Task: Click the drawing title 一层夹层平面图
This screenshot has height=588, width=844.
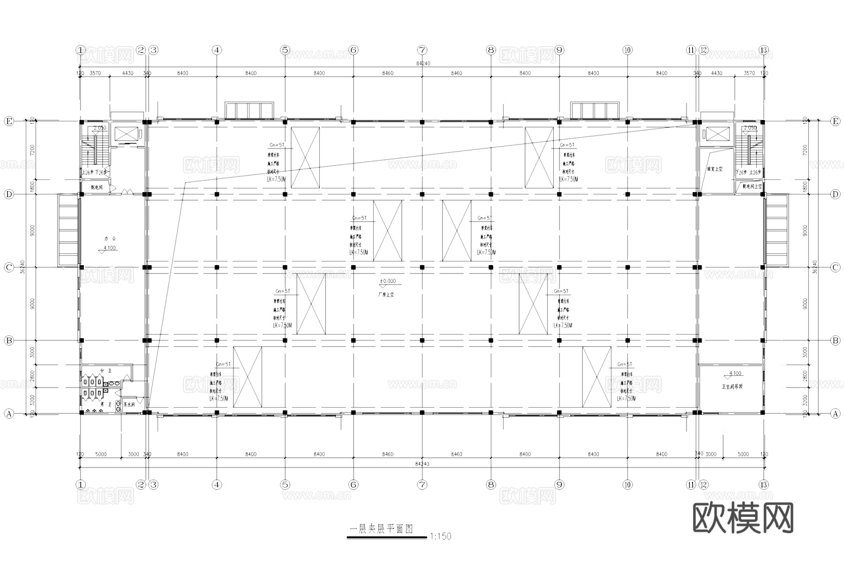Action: tap(381, 529)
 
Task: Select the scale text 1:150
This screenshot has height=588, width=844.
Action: tap(440, 536)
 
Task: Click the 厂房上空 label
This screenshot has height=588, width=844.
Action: tap(386, 295)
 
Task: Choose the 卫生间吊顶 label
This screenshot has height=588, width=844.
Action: tap(732, 387)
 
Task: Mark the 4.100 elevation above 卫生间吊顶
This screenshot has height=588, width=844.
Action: tap(735, 374)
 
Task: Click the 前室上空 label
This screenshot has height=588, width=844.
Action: tap(715, 169)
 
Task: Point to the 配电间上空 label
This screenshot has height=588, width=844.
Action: tap(752, 186)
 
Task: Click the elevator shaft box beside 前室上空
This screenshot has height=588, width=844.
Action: tap(718, 134)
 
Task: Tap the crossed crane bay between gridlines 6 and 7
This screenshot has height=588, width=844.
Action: tap(387, 231)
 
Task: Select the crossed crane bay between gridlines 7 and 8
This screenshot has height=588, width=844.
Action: tap(456, 231)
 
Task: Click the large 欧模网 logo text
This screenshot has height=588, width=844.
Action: tap(743, 518)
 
